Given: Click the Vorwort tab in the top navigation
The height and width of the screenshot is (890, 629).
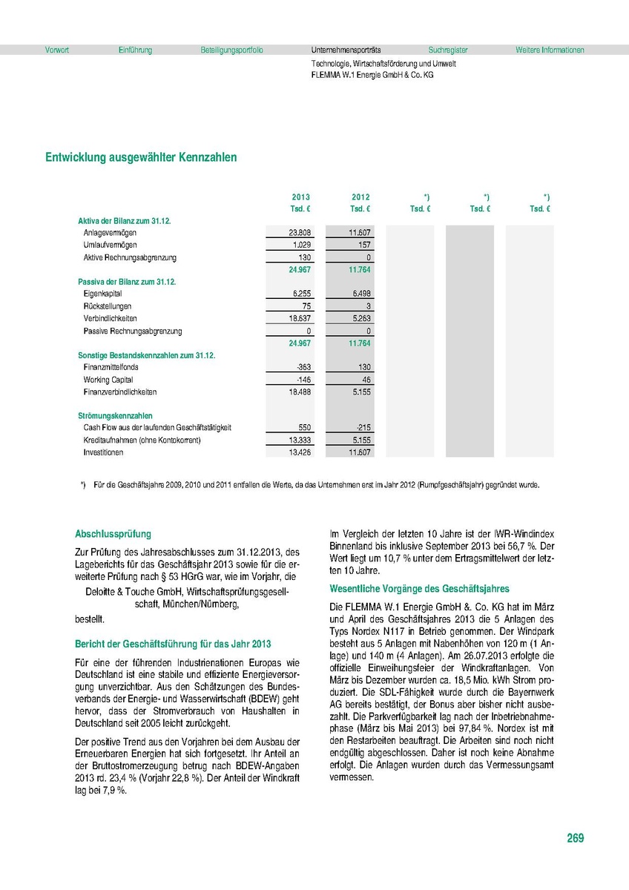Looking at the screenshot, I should tap(56, 50).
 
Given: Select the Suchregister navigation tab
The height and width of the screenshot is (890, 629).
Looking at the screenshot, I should tap(448, 50).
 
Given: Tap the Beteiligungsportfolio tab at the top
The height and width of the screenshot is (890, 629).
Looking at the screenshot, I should tap(231, 50).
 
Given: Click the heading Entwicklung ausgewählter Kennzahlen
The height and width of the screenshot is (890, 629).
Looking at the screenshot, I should tap(141, 157).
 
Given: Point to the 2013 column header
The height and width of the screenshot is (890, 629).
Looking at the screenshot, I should tap(300, 197).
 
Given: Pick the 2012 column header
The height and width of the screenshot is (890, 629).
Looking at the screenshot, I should tap(360, 197).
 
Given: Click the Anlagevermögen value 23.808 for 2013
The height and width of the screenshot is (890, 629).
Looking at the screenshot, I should tap(300, 233).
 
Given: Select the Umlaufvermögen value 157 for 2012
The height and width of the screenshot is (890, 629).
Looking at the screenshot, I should tap(363, 245).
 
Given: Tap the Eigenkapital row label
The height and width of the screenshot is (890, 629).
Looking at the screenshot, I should tap(103, 294).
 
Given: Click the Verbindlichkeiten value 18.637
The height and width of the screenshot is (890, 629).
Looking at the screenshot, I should tap(300, 318).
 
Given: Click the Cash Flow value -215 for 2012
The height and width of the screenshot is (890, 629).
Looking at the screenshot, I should tap(362, 428).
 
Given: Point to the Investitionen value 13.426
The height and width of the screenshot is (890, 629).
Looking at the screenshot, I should tap(300, 452).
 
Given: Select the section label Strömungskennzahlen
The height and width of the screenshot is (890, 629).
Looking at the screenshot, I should tap(115, 416).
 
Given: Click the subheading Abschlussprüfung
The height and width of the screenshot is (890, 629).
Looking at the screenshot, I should tap(113, 533).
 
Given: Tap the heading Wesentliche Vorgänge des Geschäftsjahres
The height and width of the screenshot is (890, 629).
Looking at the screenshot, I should tap(419, 589).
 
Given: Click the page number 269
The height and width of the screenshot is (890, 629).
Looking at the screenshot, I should tap(576, 838).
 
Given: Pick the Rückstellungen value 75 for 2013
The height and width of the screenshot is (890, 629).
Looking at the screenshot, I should tap(304, 306).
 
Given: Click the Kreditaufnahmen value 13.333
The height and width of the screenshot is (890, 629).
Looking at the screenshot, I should tap(300, 441).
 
